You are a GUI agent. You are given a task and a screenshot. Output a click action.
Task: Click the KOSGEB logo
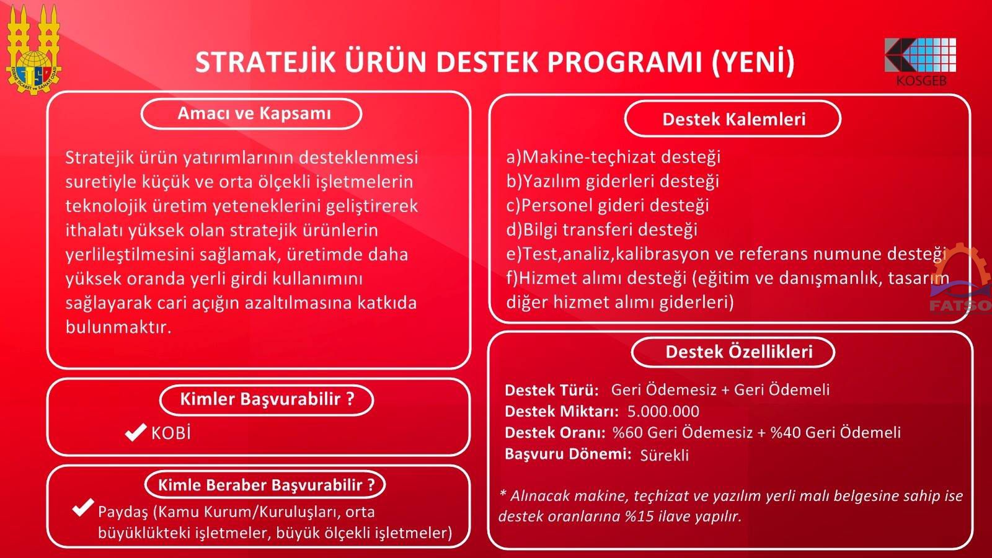click(920, 61)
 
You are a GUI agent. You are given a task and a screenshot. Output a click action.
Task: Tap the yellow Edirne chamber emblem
click(33, 49)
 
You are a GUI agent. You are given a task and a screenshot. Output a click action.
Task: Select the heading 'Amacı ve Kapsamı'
click(254, 113)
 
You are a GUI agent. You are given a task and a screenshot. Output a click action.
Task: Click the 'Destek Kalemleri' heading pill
click(733, 119)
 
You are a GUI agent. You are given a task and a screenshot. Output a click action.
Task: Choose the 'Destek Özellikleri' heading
click(738, 352)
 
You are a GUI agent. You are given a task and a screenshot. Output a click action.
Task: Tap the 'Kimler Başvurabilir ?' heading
click(267, 399)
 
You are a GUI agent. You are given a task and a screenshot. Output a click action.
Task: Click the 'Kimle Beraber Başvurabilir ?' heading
click(266, 485)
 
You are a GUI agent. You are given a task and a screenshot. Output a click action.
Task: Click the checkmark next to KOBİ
click(136, 432)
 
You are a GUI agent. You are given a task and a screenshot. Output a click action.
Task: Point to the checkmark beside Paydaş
click(83, 508)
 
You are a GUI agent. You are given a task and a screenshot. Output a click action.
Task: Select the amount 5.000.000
click(663, 412)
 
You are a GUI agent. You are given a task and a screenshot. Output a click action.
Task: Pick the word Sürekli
click(664, 455)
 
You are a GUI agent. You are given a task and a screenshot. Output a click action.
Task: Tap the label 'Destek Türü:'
click(552, 390)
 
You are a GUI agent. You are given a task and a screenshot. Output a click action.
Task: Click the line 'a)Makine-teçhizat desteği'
click(613, 157)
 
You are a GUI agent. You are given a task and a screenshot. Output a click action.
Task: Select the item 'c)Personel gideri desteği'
click(608, 205)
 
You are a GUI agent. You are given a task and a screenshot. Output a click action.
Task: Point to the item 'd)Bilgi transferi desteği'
click(602, 230)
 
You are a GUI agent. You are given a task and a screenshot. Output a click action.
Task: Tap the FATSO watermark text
click(960, 306)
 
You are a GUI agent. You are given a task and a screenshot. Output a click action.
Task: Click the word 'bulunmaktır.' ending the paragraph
click(118, 327)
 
